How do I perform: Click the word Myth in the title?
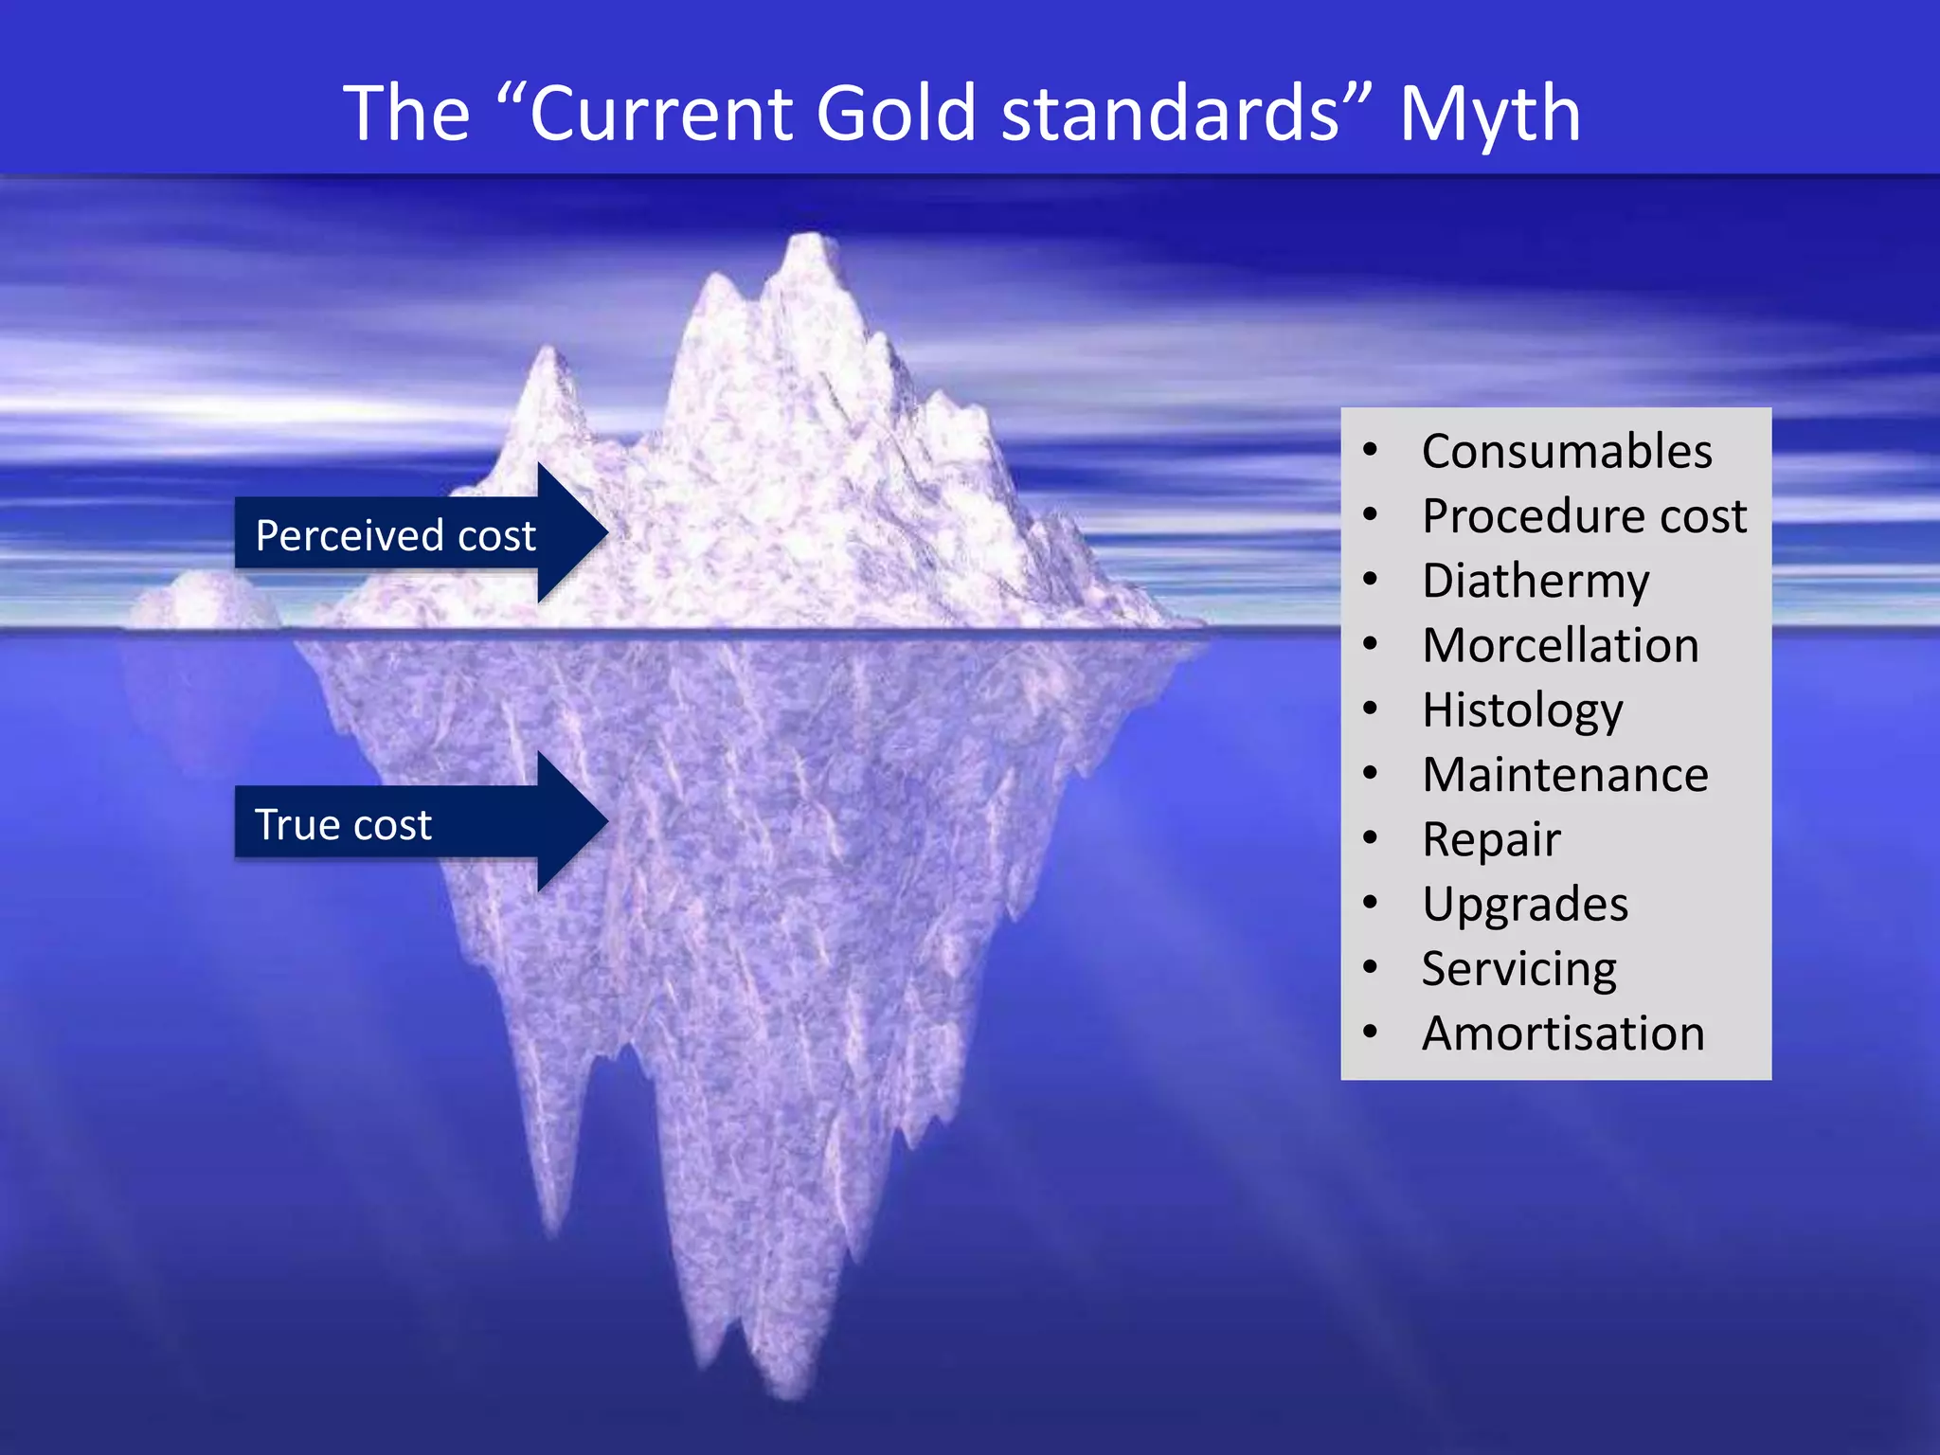pyautogui.click(x=1489, y=114)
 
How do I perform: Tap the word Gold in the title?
pyautogui.click(x=894, y=114)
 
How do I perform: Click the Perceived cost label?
pyautogui.click(x=395, y=535)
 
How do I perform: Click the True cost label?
pyautogui.click(x=343, y=824)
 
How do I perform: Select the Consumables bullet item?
pyautogui.click(x=1567, y=451)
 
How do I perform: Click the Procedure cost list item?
pyautogui.click(x=1584, y=516)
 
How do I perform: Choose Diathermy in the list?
pyautogui.click(x=1536, y=581)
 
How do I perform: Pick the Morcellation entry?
pyautogui.click(x=1560, y=645)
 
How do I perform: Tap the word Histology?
pyautogui.click(x=1522, y=710)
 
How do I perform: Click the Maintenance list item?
pyautogui.click(x=1565, y=775)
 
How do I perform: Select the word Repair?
pyautogui.click(x=1491, y=839)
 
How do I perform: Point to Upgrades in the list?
pyautogui.click(x=1525, y=904)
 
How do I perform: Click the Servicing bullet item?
pyautogui.click(x=1519, y=969)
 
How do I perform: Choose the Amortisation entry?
pyautogui.click(x=1563, y=1033)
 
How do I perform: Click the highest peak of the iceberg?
pyautogui.click(x=810, y=241)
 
